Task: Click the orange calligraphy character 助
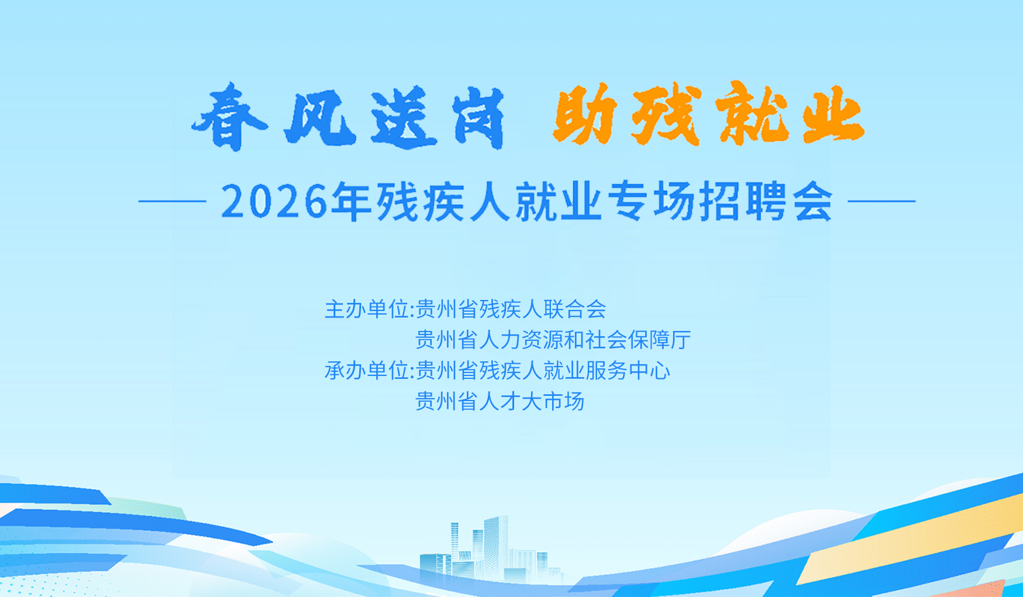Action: [x=585, y=115]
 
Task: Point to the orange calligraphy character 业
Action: [x=833, y=115]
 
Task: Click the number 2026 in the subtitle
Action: [x=275, y=202]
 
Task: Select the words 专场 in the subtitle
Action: [x=651, y=202]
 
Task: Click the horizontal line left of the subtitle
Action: [x=172, y=201]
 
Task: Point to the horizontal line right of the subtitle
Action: [x=881, y=201]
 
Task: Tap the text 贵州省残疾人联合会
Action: [x=511, y=309]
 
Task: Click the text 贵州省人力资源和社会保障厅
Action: [x=553, y=340]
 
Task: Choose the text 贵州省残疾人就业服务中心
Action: [x=543, y=371]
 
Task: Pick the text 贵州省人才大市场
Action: [x=500, y=402]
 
